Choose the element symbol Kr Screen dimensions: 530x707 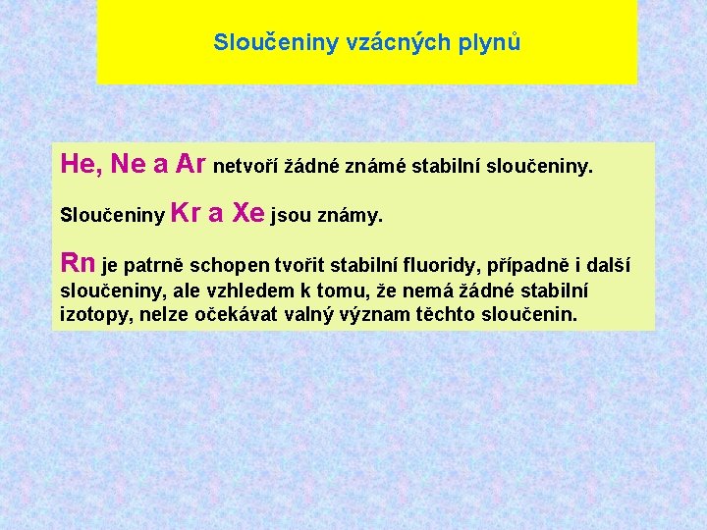[x=187, y=213]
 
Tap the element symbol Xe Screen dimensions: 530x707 [x=248, y=213]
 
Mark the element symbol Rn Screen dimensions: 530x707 [x=78, y=263]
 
